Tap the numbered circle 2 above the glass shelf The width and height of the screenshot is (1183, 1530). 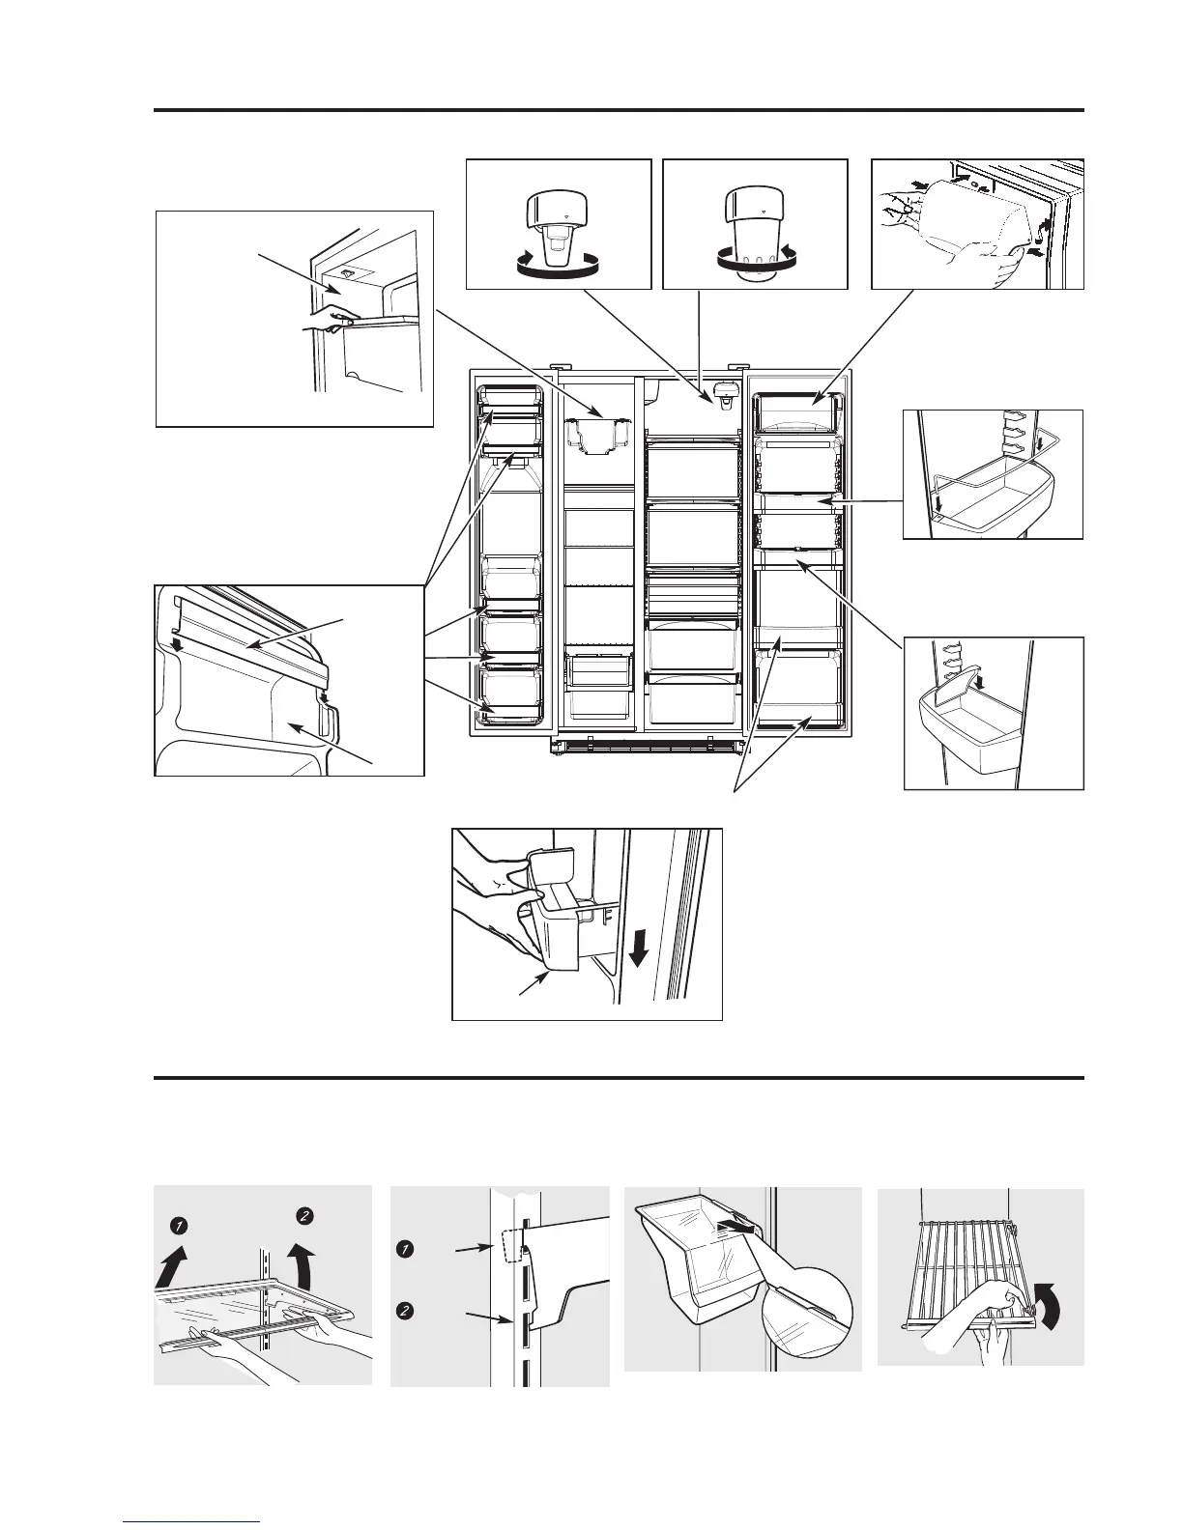303,1215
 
